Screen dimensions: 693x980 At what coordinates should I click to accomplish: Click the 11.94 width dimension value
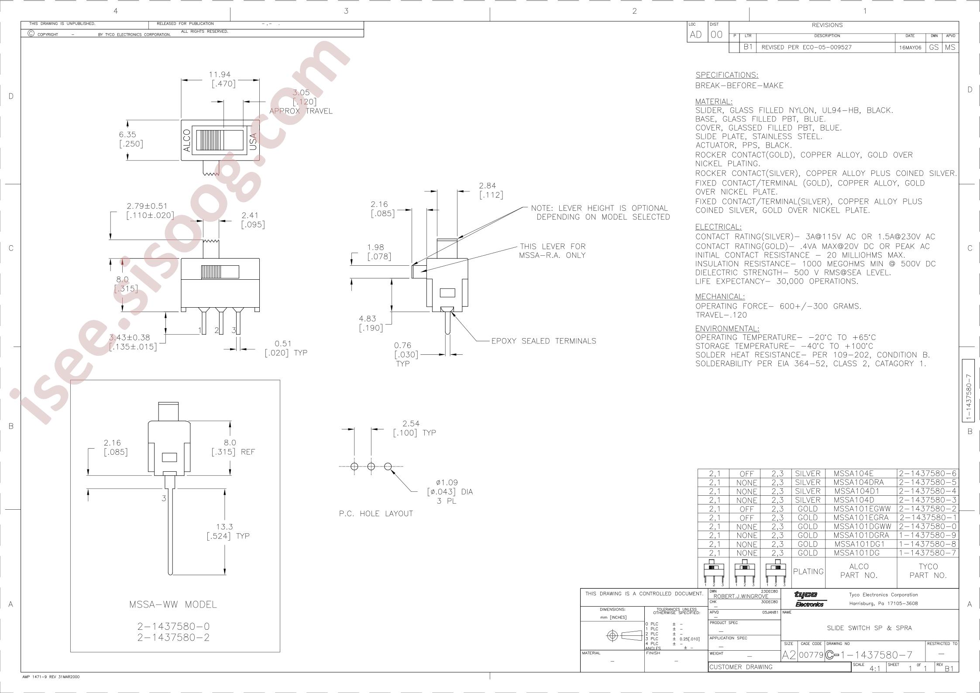[x=219, y=75]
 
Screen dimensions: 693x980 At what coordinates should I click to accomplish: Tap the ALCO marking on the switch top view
[x=187, y=141]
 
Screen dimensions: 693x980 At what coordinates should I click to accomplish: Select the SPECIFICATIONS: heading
[x=727, y=75]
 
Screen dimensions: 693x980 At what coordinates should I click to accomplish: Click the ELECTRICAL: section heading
[x=718, y=227]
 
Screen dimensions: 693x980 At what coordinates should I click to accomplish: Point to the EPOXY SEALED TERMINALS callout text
[x=543, y=341]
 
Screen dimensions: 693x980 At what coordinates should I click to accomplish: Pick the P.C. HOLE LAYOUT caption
[x=376, y=514]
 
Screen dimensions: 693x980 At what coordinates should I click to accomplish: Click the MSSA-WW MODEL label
[x=173, y=604]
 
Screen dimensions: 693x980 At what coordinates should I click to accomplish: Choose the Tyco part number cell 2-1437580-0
[x=928, y=527]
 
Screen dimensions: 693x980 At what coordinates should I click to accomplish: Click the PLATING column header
[x=808, y=571]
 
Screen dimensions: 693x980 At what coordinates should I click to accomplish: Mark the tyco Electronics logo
[x=809, y=599]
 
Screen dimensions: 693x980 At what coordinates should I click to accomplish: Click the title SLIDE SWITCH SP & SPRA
[x=869, y=628]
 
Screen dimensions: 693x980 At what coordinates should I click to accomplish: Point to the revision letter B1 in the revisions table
[x=749, y=47]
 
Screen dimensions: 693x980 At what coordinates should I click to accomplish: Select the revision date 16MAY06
[x=910, y=48]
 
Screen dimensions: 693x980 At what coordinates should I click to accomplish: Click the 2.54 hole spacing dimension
[x=411, y=423]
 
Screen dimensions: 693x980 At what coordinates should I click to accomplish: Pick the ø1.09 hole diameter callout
[x=447, y=483]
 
